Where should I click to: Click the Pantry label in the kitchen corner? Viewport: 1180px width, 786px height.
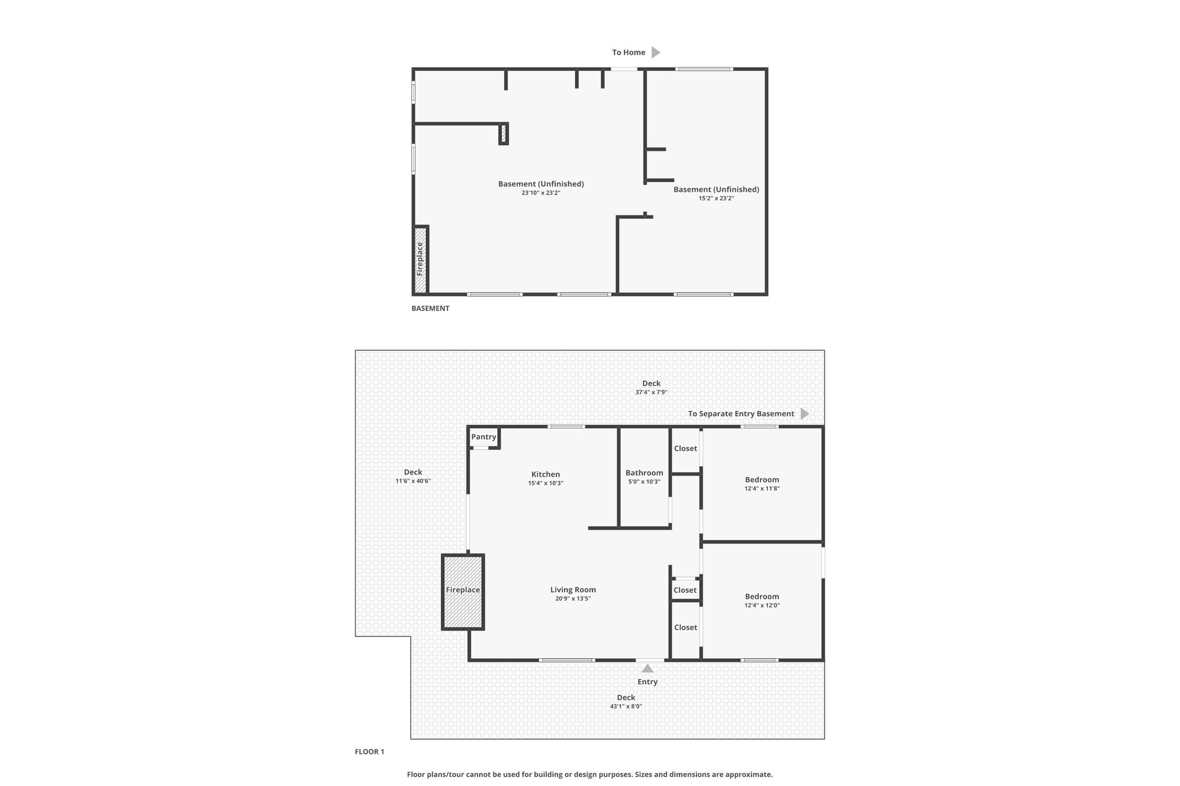[x=483, y=436]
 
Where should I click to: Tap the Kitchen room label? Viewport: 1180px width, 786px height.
[x=546, y=474]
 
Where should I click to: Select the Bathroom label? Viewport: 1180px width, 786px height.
[x=644, y=473]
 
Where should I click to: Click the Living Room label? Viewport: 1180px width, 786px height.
[x=573, y=590]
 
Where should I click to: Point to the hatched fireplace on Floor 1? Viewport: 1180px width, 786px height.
[x=463, y=592]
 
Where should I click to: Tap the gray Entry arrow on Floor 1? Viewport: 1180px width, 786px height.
[x=648, y=669]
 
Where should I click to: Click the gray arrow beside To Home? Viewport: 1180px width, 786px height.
[x=656, y=52]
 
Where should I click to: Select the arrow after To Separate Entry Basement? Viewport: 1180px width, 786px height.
[x=805, y=413]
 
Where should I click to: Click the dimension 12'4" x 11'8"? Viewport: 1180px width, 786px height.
[x=762, y=488]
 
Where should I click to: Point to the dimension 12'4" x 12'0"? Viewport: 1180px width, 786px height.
[x=762, y=605]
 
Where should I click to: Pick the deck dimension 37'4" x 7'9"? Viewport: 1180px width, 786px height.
[x=651, y=392]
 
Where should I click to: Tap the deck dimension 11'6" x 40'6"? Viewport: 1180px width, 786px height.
[x=413, y=481]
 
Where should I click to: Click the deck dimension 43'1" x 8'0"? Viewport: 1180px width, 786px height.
[x=626, y=706]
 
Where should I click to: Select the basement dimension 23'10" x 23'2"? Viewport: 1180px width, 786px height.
[x=541, y=193]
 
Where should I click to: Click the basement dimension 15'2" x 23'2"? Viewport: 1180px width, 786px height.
[x=716, y=198]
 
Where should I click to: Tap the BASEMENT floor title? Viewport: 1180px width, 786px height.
[x=430, y=309]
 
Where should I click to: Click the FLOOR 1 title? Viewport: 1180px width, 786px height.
[x=369, y=751]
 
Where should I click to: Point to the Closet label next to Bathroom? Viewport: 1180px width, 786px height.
[x=686, y=449]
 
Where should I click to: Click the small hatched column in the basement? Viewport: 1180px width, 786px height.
[x=504, y=134]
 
